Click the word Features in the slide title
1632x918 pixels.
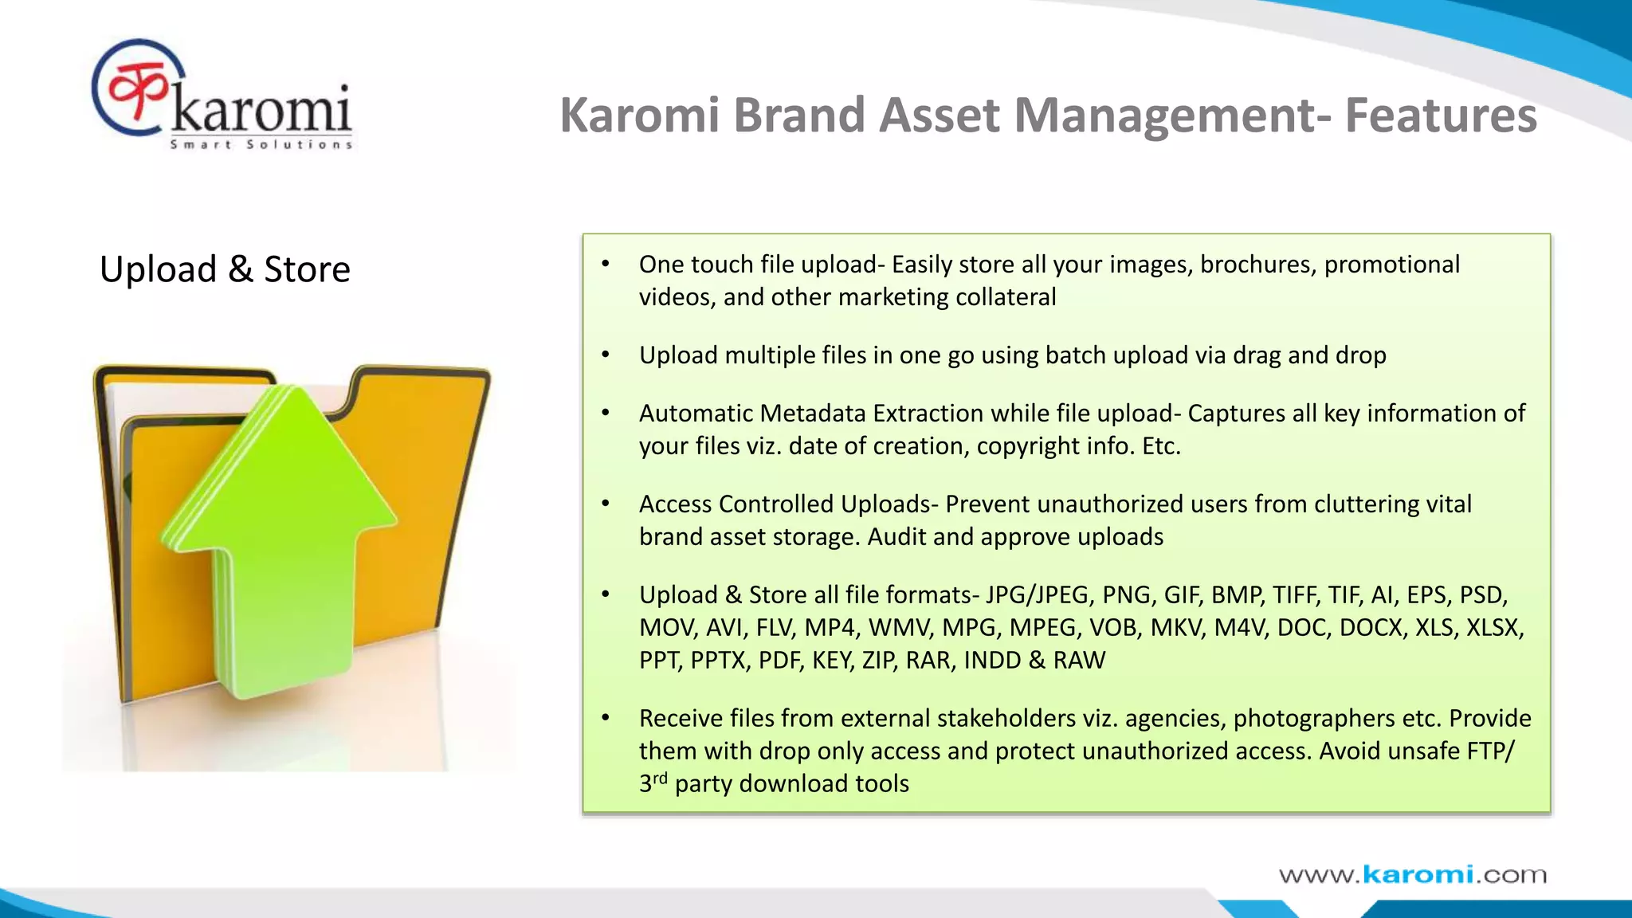(1441, 116)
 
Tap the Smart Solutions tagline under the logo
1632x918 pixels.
(261, 144)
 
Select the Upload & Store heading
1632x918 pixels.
(225, 269)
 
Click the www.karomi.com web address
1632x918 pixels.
(1412, 875)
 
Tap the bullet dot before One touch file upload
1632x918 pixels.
(606, 264)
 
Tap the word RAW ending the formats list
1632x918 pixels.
(1079, 661)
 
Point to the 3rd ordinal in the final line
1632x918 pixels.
(653, 783)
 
